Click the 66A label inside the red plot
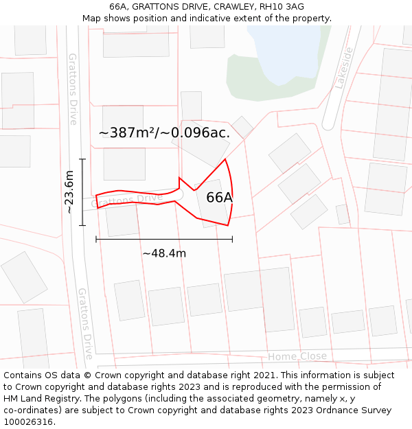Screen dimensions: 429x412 coord(220,198)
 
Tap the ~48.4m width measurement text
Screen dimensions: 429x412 coord(164,253)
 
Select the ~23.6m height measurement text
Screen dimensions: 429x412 coord(69,192)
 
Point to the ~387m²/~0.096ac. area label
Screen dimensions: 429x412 coord(164,133)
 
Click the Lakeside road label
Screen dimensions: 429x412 coord(343,68)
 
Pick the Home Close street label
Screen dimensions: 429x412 coord(297,356)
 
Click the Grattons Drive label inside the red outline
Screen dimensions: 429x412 coord(126,200)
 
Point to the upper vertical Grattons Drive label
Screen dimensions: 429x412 coord(73,89)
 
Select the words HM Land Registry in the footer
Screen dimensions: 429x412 coord(41,399)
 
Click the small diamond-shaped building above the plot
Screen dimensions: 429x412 coord(242,127)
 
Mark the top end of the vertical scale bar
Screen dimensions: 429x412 coord(82,159)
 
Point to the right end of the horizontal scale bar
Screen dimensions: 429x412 coord(232,239)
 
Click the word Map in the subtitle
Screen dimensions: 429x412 coord(93,19)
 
